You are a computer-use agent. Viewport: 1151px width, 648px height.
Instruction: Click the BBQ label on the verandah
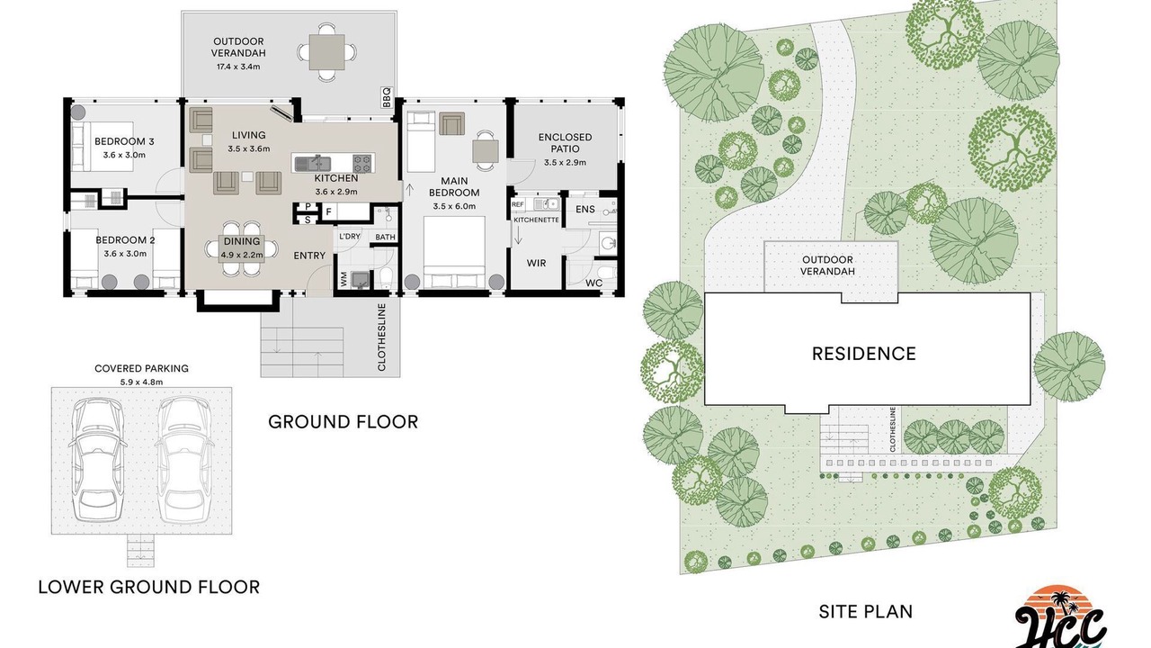coord(387,98)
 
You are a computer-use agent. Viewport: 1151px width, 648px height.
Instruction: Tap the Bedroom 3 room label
coord(124,141)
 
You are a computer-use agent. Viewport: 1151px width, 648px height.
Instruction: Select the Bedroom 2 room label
coord(125,240)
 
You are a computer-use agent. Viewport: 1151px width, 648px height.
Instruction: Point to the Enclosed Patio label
coord(566,143)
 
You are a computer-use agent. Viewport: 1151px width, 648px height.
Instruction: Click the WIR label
coord(536,264)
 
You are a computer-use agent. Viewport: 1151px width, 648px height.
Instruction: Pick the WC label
coord(594,283)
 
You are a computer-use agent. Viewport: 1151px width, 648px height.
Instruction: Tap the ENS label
coord(585,210)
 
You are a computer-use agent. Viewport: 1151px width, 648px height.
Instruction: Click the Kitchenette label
coord(536,220)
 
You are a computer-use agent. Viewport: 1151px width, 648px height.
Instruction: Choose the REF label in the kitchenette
coord(517,204)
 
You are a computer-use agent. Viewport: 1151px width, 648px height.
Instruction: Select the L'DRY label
coord(350,237)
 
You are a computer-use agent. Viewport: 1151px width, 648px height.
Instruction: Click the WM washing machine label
coord(344,279)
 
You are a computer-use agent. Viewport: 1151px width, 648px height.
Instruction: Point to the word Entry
coord(309,256)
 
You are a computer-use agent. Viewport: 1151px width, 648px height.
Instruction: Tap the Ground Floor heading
coord(344,422)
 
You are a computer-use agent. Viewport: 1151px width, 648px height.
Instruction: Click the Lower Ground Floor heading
coord(149,587)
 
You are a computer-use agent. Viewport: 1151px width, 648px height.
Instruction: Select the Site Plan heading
coord(866,611)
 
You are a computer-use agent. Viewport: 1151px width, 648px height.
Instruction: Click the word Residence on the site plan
coord(864,354)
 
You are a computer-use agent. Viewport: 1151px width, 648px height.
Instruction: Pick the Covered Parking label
coord(141,368)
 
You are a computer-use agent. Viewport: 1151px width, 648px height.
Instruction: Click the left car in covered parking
coord(97,459)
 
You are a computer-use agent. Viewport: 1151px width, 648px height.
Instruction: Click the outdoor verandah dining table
coord(326,52)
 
